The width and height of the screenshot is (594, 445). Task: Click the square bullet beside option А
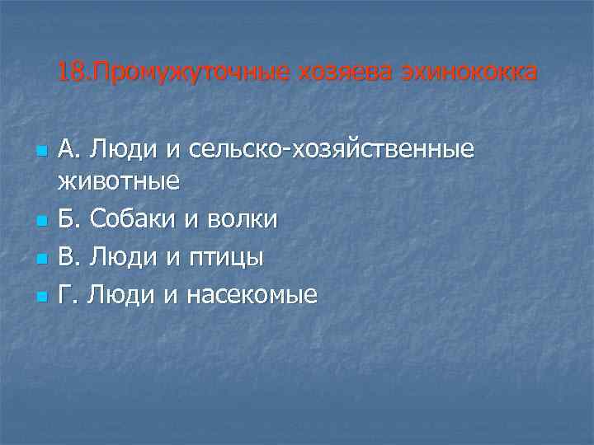coord(39,152)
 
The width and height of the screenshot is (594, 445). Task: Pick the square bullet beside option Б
coord(39,221)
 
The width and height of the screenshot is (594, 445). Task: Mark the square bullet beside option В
coord(39,259)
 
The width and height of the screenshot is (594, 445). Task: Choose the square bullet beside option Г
coord(39,296)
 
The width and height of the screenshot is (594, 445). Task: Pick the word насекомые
coord(251,294)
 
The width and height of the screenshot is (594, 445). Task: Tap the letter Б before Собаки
coord(68,219)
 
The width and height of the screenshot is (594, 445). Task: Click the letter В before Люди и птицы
coord(68,257)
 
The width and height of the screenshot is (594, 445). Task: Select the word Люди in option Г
coord(117,294)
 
